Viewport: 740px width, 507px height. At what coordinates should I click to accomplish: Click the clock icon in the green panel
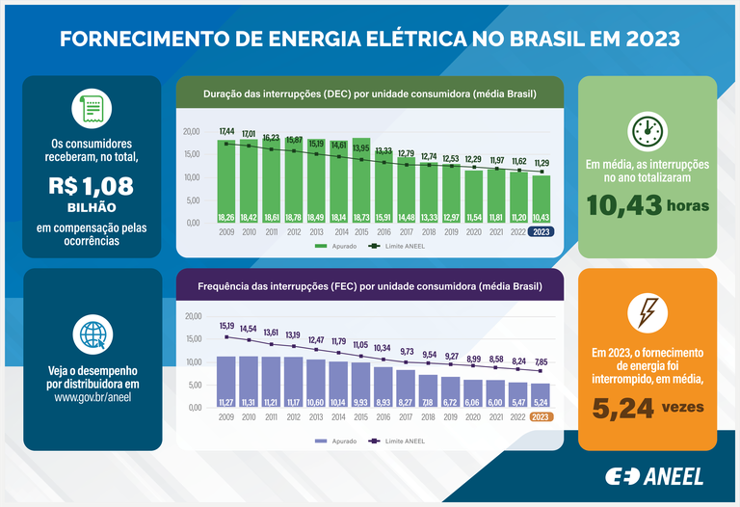point(647,130)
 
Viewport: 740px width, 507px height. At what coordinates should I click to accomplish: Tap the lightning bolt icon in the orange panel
point(647,310)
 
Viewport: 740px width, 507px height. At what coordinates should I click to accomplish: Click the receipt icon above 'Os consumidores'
point(92,109)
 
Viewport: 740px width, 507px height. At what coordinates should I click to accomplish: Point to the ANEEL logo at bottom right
point(654,476)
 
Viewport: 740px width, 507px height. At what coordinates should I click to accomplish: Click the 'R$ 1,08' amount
point(92,186)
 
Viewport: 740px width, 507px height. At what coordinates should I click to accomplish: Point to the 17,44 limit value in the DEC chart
point(227,131)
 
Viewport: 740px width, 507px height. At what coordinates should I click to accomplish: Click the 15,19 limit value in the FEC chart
point(227,326)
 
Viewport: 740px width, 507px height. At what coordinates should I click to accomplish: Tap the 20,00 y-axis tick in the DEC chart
point(192,131)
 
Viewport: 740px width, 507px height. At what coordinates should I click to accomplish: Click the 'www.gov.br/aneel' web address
point(92,396)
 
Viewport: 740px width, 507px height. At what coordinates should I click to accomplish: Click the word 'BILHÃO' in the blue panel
point(92,207)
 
